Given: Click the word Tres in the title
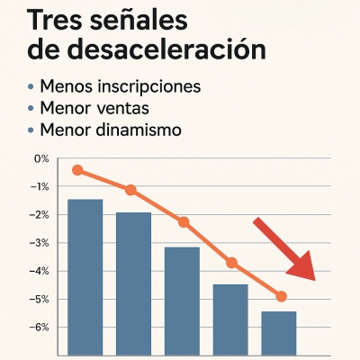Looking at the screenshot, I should click(58, 19).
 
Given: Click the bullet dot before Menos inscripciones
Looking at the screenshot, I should click(32, 87).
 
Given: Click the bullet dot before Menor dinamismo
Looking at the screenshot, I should click(32, 131).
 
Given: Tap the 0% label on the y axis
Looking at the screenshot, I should click(41, 158).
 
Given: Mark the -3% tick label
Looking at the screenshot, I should click(40, 243).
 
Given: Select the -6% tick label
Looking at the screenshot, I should click(40, 327).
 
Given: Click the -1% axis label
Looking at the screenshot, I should click(40, 186).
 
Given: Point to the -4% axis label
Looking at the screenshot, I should click(40, 271).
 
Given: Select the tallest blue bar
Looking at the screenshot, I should click(85, 274).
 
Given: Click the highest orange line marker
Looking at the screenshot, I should click(77, 170).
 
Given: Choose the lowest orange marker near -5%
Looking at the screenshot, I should click(281, 296).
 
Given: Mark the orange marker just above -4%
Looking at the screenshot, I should click(232, 263).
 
